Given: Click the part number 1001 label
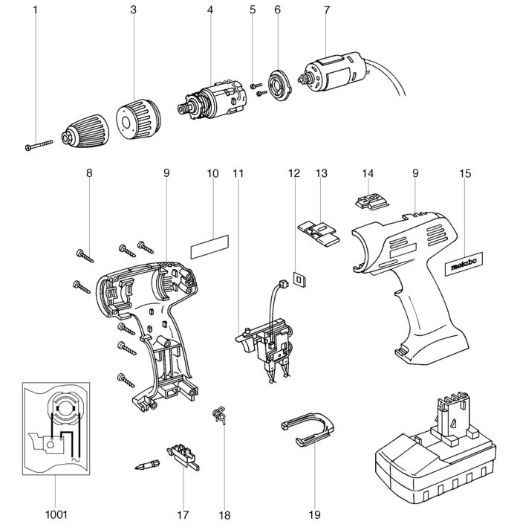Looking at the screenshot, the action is click(56, 515).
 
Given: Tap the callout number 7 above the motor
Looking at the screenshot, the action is click(326, 10).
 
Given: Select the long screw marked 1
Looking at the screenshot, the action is click(39, 145).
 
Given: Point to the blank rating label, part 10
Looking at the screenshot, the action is click(209, 247).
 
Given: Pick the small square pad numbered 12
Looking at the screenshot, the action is click(299, 279).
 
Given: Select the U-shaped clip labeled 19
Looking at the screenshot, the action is click(308, 429).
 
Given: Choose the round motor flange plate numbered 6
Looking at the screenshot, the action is click(279, 85).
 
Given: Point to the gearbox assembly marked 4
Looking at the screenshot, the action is click(213, 100).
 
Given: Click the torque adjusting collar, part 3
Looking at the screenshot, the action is click(138, 120).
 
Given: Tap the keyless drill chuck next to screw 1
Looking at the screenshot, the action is click(85, 132).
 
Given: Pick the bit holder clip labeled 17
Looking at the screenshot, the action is click(183, 458).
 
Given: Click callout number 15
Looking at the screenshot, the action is click(465, 173).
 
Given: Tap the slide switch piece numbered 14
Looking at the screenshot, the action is click(372, 201).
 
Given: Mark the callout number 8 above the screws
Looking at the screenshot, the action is click(89, 173).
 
